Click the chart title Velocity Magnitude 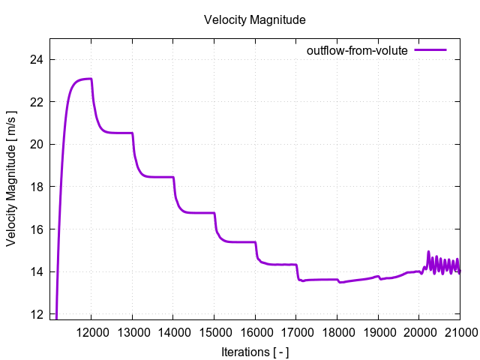[x=254, y=20]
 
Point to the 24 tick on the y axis [x=39, y=59]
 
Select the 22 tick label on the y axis [x=39, y=101]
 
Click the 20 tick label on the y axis [x=39, y=144]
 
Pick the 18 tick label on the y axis [x=39, y=186]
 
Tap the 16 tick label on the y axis [x=39, y=229]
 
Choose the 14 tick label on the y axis [x=39, y=271]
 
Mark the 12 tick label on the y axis [x=39, y=313]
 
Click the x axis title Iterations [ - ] [x=254, y=351]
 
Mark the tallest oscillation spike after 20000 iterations [x=429, y=252]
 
